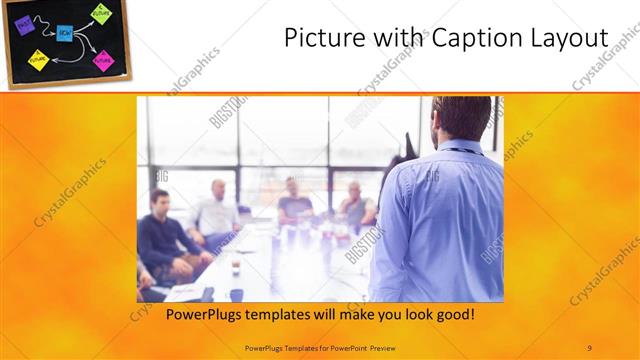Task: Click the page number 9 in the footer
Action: [x=590, y=347]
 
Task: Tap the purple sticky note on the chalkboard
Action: [x=25, y=25]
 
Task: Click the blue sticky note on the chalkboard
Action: [x=64, y=33]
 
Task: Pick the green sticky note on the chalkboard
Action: [x=101, y=14]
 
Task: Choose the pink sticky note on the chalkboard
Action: [x=104, y=59]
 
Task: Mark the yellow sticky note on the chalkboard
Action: [x=38, y=60]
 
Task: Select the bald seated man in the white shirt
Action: [x=217, y=210]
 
